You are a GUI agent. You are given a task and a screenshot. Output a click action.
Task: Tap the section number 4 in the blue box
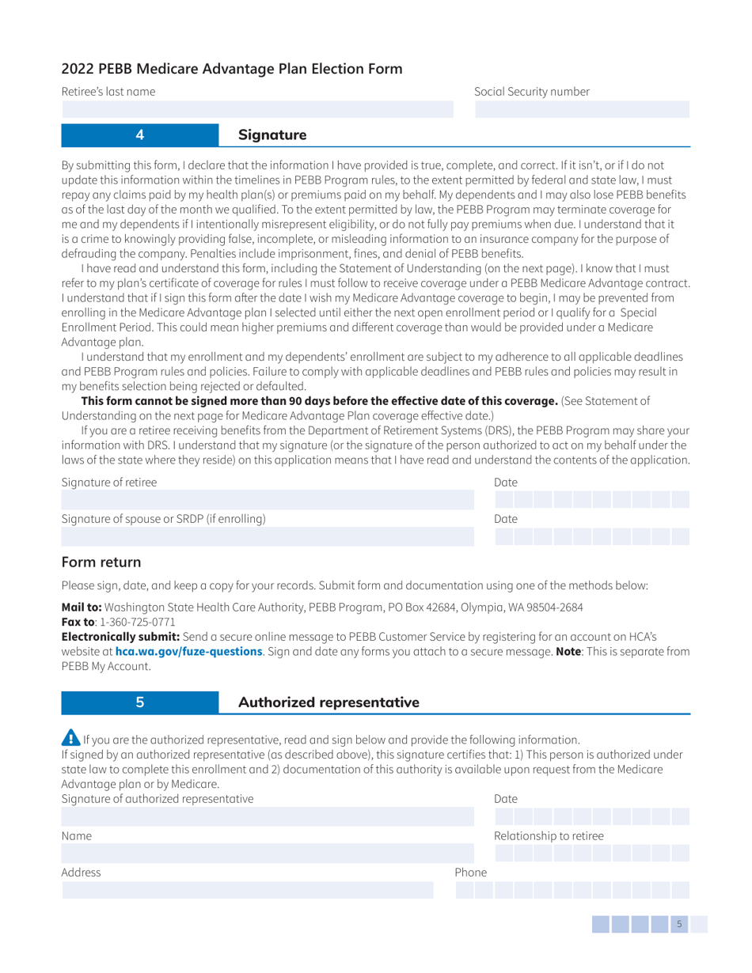(139, 135)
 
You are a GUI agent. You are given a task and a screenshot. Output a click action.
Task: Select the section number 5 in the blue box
(139, 702)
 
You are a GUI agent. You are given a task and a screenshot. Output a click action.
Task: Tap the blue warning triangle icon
(70, 740)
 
